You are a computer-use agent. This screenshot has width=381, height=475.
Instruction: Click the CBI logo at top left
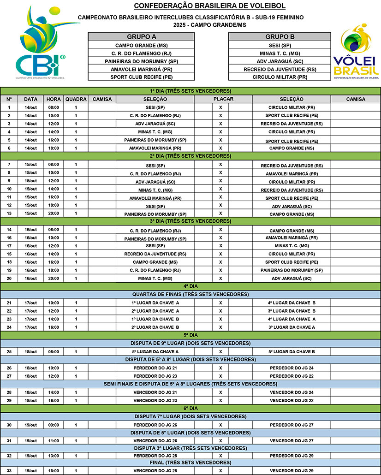tap(42, 44)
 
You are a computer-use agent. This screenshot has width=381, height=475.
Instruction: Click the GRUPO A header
tap(141, 37)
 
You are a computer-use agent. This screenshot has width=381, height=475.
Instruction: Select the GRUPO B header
tap(280, 37)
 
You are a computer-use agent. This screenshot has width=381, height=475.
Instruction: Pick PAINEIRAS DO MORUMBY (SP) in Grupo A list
tap(141, 61)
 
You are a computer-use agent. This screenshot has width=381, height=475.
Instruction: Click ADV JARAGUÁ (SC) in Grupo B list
tap(280, 61)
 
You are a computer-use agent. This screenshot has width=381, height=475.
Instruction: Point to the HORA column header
tap(54, 99)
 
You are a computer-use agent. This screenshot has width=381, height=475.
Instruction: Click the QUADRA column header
tap(76, 99)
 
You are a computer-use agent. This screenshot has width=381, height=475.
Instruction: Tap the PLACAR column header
tap(223, 99)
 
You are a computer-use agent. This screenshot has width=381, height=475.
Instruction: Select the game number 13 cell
tap(9, 214)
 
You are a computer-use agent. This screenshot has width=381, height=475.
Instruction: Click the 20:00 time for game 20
tap(54, 279)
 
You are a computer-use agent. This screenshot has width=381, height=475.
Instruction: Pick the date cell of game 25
tap(31, 351)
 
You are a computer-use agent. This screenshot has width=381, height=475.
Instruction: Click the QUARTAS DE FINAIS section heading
tap(190, 294)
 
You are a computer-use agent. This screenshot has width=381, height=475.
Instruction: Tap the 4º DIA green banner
tap(190, 286)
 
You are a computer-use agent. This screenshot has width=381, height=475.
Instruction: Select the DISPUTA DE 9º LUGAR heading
tap(190, 343)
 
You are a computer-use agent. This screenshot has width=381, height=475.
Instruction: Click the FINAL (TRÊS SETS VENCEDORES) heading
tap(190, 463)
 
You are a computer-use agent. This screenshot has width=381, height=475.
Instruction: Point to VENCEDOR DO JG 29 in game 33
tap(292, 471)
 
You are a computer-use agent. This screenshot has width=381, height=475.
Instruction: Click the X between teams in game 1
tap(220, 107)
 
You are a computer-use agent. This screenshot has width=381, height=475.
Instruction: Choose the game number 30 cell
tap(9, 425)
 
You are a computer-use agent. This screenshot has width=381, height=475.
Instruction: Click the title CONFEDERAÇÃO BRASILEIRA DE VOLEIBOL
tap(209, 6)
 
